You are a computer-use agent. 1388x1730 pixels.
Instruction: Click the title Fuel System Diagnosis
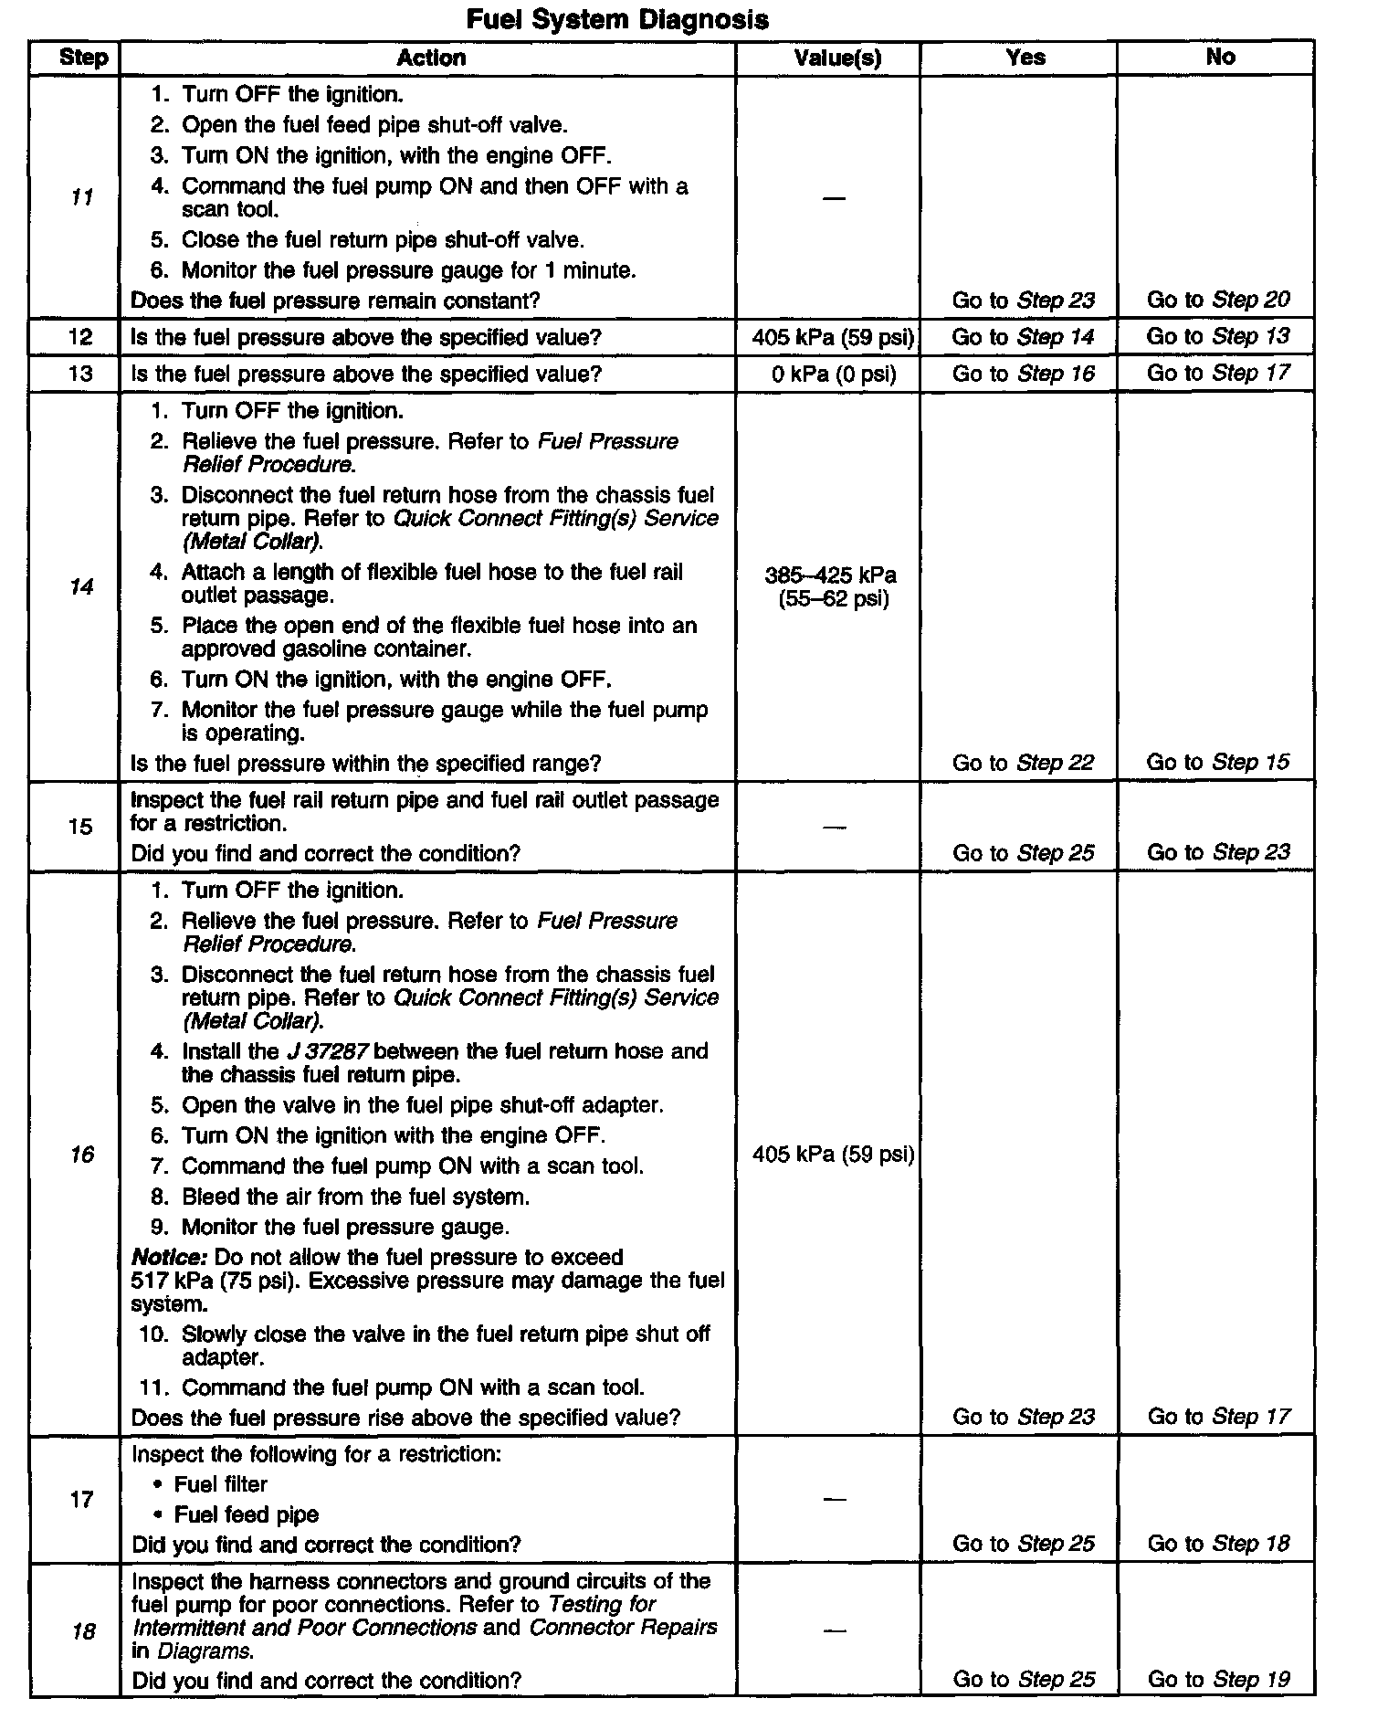(x=616, y=19)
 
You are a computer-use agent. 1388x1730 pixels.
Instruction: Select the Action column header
(x=431, y=58)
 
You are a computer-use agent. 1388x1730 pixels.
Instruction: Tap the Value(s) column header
(x=837, y=58)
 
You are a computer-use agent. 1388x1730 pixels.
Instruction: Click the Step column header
(x=83, y=58)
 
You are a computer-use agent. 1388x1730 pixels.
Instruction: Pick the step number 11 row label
(x=82, y=197)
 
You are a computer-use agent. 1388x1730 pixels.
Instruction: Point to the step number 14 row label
(x=82, y=586)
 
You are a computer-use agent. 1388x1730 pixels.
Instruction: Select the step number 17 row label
(x=82, y=1499)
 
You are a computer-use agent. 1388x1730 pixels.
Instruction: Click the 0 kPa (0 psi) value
(x=834, y=374)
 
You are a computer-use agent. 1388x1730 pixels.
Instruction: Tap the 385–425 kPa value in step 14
(x=831, y=575)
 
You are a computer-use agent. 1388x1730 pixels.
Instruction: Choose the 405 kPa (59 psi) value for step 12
(x=833, y=337)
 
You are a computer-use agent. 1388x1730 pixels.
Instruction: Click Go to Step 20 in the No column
(x=1218, y=300)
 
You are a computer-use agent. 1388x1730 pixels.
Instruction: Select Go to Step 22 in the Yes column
(x=1023, y=763)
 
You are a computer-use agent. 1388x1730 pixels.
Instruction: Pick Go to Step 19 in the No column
(x=1218, y=1679)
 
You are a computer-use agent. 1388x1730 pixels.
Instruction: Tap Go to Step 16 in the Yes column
(x=1023, y=374)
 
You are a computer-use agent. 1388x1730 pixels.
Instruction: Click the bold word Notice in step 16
(x=169, y=1258)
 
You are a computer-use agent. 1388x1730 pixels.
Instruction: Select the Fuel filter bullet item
(x=220, y=1484)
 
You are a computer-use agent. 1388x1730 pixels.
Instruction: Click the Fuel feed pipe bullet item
(x=246, y=1514)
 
